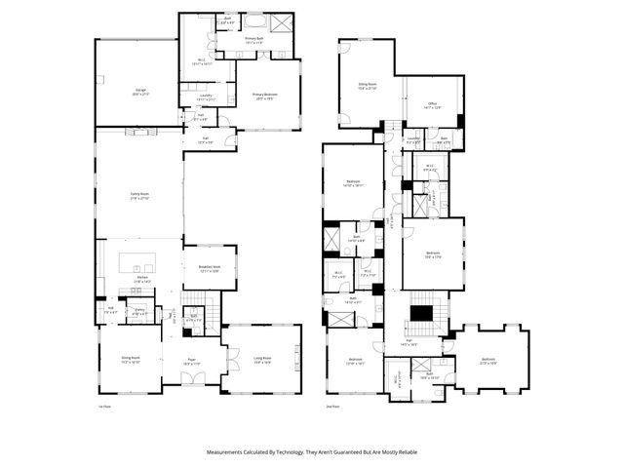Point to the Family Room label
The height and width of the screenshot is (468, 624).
139,195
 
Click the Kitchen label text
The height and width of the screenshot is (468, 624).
142,280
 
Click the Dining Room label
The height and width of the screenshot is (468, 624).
131,360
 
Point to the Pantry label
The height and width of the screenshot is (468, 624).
140,311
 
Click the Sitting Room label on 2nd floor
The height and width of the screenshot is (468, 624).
368,87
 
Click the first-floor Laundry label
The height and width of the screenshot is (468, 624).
205,98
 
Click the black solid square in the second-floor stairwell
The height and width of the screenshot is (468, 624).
422,313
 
